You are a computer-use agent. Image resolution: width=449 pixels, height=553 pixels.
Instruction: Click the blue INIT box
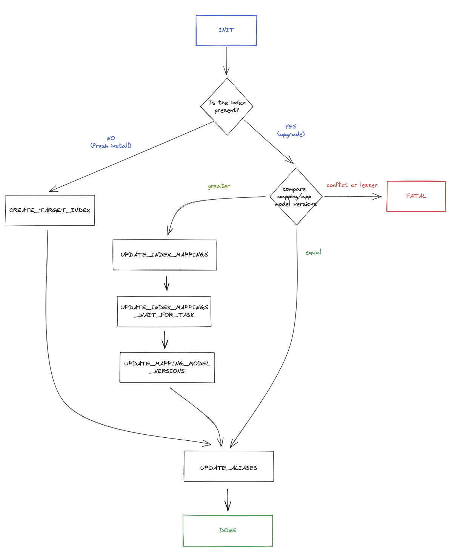(226, 30)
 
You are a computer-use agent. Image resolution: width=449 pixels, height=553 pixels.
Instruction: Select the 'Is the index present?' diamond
(227, 107)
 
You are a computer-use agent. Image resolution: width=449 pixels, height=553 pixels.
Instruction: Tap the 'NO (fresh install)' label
(111, 142)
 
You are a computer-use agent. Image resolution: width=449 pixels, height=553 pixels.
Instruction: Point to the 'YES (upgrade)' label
(291, 130)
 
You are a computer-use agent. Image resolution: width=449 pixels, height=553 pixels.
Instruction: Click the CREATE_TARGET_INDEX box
(50, 210)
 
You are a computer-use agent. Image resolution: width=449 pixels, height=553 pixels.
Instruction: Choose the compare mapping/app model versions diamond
(296, 196)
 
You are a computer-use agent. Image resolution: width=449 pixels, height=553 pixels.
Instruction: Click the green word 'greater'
(219, 186)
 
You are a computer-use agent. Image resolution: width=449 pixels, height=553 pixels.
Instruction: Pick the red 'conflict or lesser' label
(352, 185)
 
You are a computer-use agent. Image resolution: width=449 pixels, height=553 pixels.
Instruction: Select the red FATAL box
(416, 196)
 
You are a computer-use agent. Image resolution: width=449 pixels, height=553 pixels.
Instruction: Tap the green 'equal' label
(313, 252)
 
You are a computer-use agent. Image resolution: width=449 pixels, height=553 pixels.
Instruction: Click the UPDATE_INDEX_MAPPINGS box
(165, 255)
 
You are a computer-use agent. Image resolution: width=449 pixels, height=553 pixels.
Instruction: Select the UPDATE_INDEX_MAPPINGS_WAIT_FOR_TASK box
(164, 311)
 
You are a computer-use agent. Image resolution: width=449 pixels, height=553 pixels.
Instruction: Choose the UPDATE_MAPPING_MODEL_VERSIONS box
(167, 367)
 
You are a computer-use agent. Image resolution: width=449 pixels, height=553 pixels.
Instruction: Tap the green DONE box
(228, 530)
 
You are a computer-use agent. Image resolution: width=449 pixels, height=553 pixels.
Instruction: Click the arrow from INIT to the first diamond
(226, 60)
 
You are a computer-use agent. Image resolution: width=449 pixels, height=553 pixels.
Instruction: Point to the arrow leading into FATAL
(353, 196)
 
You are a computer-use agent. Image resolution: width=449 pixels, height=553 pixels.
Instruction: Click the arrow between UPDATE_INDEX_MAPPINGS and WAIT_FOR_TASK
(166, 283)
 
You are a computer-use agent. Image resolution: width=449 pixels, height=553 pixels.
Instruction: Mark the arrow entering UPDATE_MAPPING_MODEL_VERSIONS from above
(165, 339)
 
